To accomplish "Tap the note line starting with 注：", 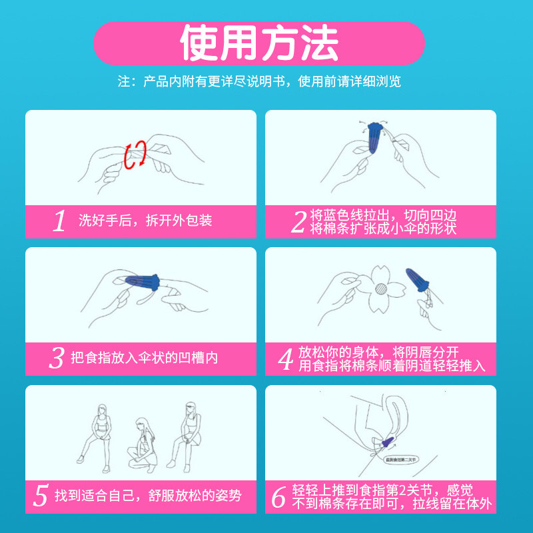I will pos(259,81).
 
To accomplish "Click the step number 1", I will pos(60,221).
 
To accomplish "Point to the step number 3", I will pos(56,358).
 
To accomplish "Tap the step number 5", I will pos(41,496).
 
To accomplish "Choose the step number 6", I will pos(279,496).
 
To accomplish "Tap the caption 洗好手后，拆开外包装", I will pos(145,221).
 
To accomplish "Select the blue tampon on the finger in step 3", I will pos(141,282).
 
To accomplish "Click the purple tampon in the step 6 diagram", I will pos(388,440).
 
